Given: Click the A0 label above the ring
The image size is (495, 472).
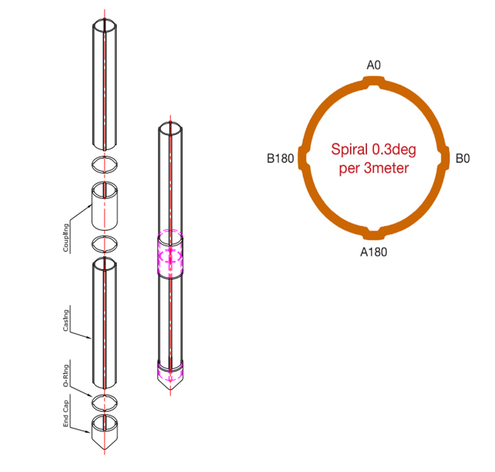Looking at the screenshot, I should tap(374, 65).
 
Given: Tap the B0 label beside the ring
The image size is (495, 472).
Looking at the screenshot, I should tap(463, 158).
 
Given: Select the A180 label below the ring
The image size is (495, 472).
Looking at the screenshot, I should tap(374, 251).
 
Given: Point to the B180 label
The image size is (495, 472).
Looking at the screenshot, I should tap(281, 158).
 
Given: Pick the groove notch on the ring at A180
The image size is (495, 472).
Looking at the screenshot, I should tap(374, 232).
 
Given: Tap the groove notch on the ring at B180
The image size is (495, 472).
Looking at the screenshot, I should tap(301, 158).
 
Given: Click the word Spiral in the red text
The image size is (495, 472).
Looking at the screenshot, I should tap(348, 149).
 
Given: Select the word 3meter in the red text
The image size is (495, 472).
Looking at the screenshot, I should tap(388, 168).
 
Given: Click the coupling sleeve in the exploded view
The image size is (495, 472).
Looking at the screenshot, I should tap(104, 206).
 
